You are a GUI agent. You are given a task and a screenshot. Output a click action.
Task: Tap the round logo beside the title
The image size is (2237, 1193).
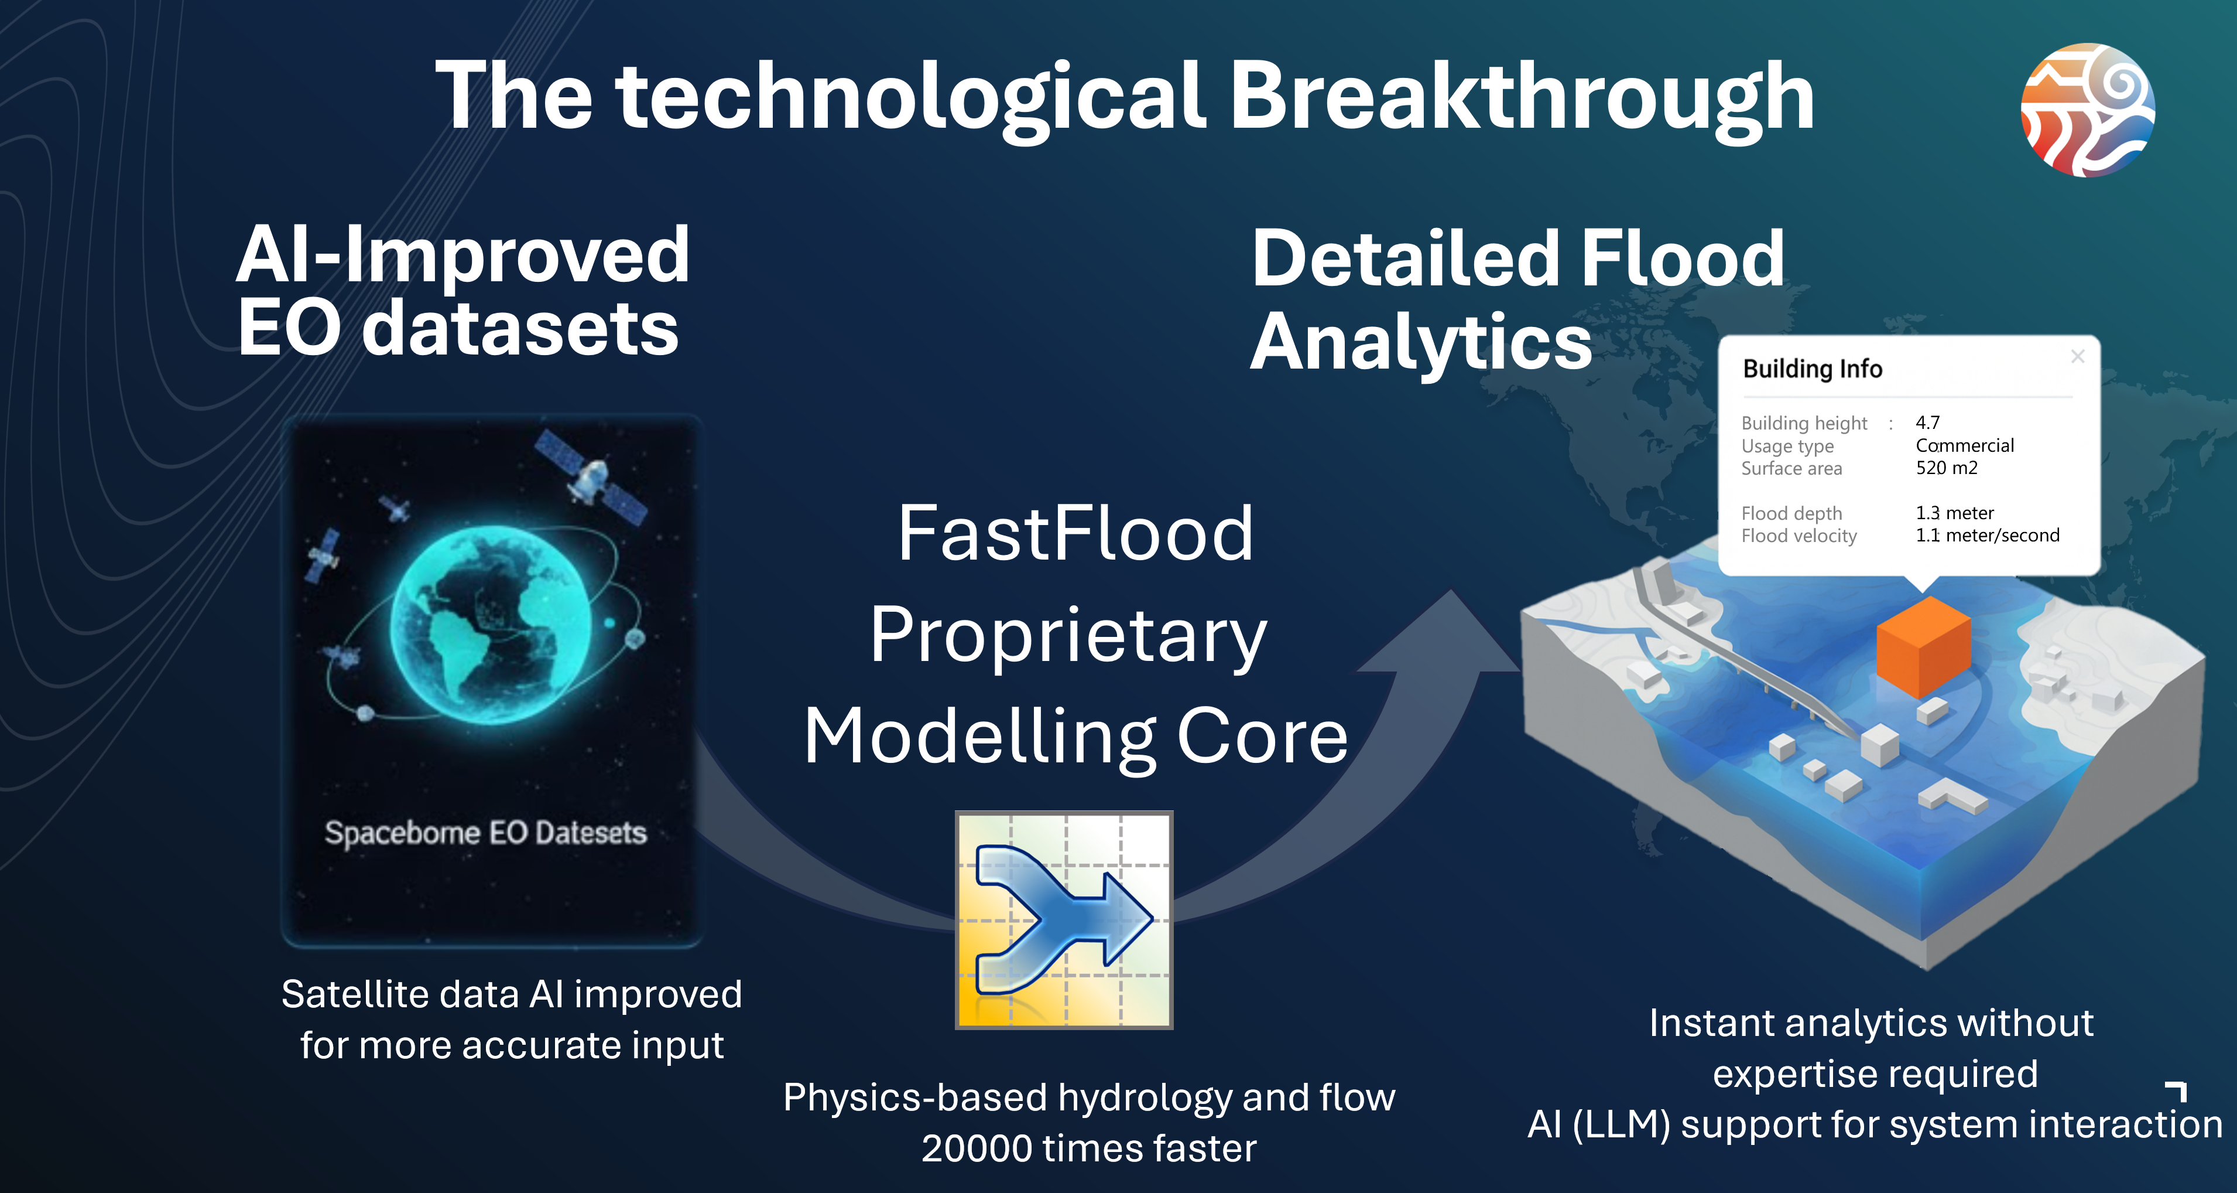(2088, 110)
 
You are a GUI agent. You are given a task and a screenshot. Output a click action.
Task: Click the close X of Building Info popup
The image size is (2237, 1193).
(2077, 356)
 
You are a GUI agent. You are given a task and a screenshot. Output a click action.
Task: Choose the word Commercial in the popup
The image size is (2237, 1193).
(1964, 445)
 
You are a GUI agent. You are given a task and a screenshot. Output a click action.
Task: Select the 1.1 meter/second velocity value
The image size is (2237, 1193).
(1987, 535)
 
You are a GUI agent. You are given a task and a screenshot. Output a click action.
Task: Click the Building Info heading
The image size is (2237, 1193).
(1813, 369)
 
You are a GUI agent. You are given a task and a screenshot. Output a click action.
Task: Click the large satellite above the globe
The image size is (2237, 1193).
(591, 477)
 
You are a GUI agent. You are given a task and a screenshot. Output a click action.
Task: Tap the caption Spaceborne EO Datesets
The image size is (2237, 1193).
(485, 833)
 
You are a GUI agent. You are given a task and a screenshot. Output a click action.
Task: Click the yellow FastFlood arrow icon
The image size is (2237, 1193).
(1064, 920)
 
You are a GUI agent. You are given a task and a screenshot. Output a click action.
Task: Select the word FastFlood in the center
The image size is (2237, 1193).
(1075, 533)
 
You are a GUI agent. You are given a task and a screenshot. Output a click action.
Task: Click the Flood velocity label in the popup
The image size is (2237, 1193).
(1798, 535)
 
